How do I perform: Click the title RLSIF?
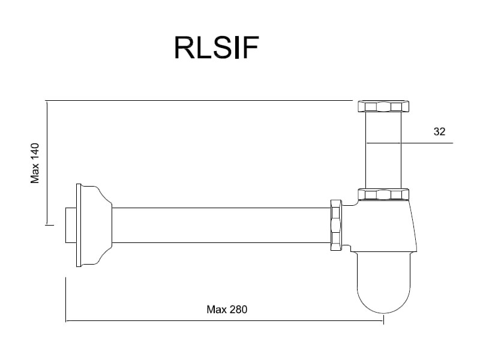click(216, 47)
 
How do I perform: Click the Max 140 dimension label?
click(35, 163)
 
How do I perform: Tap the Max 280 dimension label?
click(227, 310)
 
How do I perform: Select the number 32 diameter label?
click(440, 131)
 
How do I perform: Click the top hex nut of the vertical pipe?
click(383, 107)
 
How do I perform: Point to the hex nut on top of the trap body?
click(383, 194)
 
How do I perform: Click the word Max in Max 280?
click(216, 310)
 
